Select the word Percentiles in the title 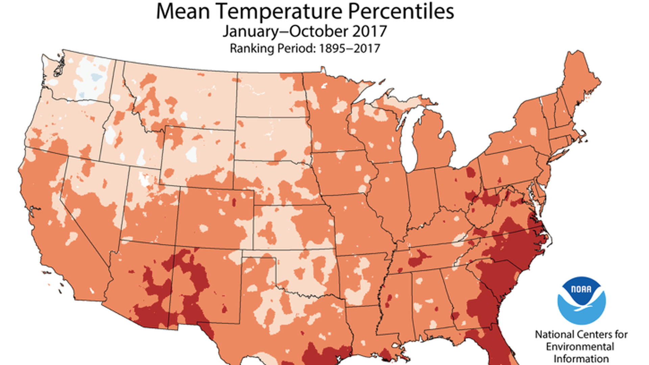401,11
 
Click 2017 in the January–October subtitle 369,31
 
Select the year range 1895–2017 350,48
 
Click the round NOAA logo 581,300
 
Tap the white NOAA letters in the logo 581,289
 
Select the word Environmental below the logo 580,347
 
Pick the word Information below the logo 581,359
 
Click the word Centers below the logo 596,335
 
